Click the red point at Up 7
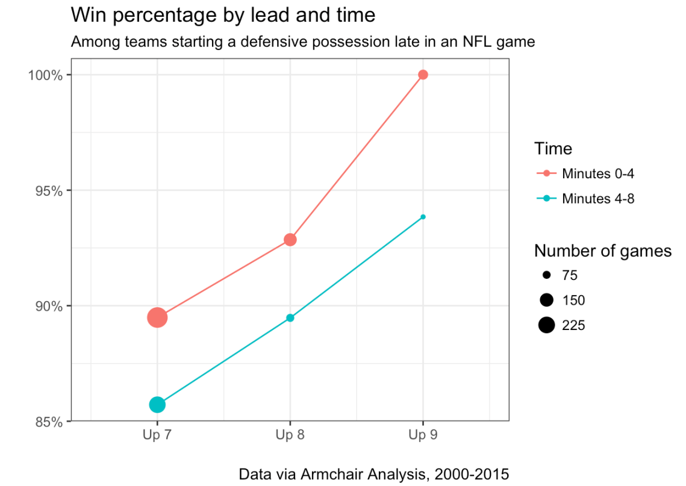pyautogui.click(x=157, y=317)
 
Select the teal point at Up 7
pyautogui.click(x=157, y=405)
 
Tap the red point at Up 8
pyautogui.click(x=290, y=240)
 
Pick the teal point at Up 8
pyautogui.click(x=290, y=318)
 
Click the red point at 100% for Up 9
pyautogui.click(x=423, y=75)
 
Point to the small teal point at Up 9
pyautogui.click(x=423, y=217)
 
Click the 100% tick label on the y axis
pyautogui.click(x=47, y=75)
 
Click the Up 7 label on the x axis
pyautogui.click(x=157, y=435)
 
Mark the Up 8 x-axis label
pyautogui.click(x=290, y=435)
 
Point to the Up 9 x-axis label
pyautogui.click(x=423, y=435)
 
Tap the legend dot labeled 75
pyautogui.click(x=546, y=275)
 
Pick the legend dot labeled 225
pyautogui.click(x=546, y=325)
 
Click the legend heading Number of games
pyautogui.click(x=602, y=251)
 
